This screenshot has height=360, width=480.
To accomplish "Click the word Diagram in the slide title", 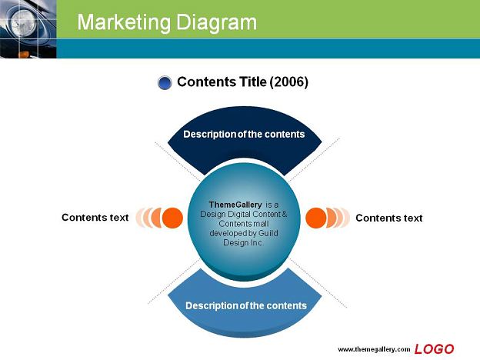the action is (216, 23).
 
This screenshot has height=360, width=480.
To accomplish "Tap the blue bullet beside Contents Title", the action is (165, 82).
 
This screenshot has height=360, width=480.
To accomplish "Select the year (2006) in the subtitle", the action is (288, 82).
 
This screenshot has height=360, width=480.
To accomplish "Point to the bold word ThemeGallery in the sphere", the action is (235, 205).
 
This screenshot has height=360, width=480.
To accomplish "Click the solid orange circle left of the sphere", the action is (172, 218).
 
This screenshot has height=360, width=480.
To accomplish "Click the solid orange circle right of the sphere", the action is (316, 218).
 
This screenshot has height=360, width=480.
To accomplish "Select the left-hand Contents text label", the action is (95, 218).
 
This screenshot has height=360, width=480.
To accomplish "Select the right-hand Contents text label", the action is (388, 218).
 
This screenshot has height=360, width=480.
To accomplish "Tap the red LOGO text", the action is (434, 349).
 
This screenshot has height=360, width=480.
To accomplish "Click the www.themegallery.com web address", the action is (374, 349).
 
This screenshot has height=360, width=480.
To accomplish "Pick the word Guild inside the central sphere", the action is (268, 233).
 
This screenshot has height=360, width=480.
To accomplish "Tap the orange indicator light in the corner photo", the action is (24, 55).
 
